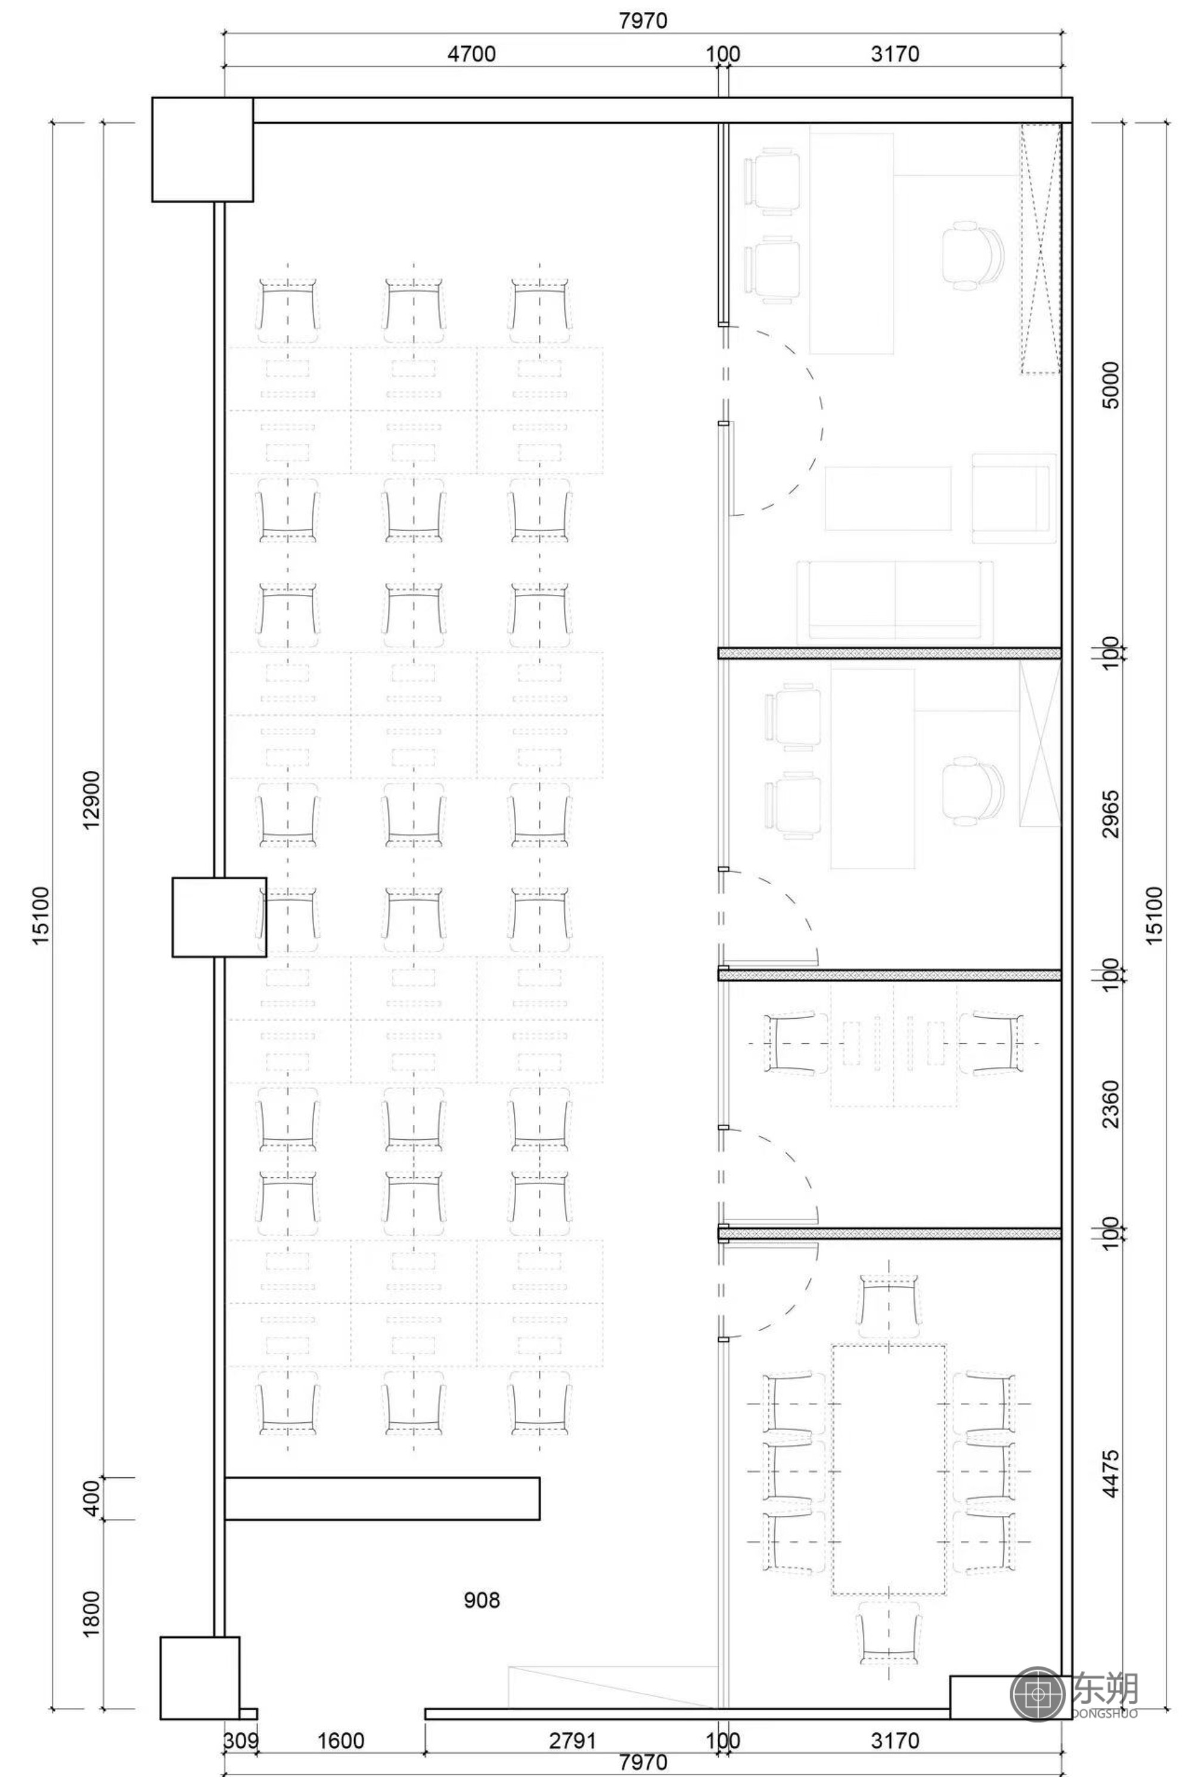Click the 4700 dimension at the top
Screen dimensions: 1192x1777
point(471,54)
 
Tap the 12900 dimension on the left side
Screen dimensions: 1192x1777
point(91,800)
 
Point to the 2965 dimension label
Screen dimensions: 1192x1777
point(1111,814)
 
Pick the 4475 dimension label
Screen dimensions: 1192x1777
point(1111,1474)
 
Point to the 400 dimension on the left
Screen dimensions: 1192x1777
point(91,1498)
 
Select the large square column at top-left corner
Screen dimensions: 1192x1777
point(202,149)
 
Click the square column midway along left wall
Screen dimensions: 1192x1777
point(219,917)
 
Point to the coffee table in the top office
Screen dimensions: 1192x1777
point(888,498)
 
